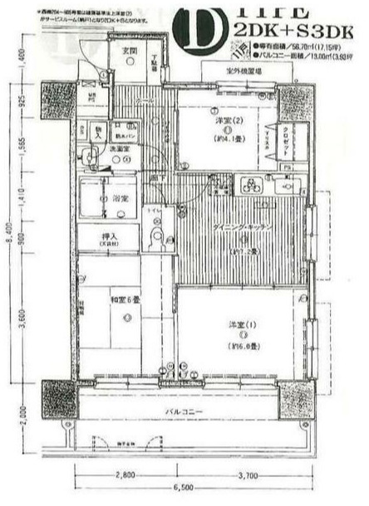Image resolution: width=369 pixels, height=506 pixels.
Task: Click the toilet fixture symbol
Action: point(154,239)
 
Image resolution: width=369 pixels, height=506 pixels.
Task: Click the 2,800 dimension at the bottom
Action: point(125,476)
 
